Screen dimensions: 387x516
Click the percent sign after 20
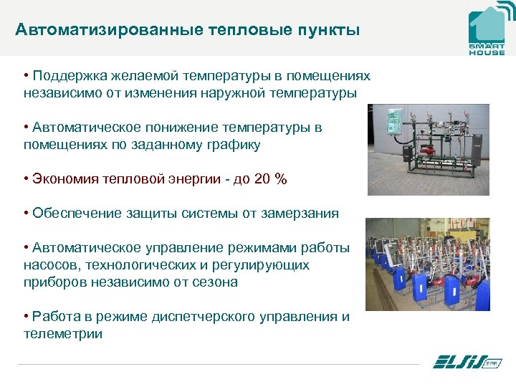pyautogui.click(x=281, y=179)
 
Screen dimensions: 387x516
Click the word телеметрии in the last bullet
pyautogui.click(x=63, y=333)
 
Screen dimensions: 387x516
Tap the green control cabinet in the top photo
pyautogui.click(x=392, y=122)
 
